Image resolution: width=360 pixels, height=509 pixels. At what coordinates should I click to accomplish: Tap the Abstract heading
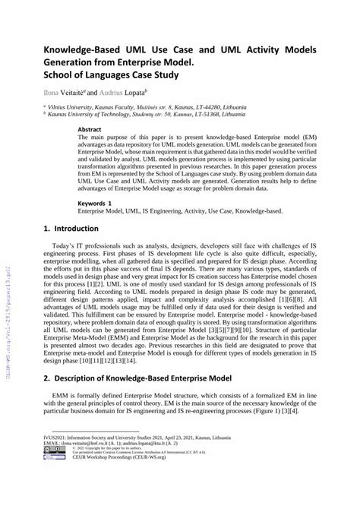[x=91, y=129]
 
